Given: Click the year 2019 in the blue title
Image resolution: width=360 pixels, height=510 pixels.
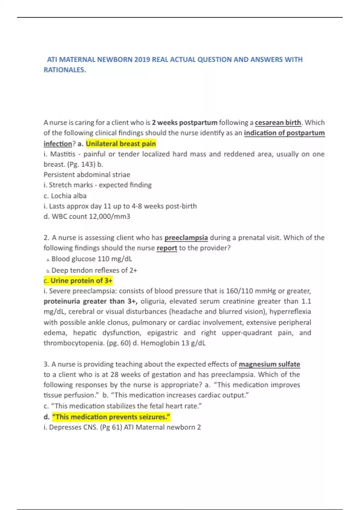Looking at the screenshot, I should pyautogui.click(x=142, y=59).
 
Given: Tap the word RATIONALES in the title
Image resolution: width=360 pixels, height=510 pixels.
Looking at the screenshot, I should pyautogui.click(x=64, y=70).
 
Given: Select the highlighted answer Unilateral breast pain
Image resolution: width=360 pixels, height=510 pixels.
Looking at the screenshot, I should pyautogui.click(x=121, y=144).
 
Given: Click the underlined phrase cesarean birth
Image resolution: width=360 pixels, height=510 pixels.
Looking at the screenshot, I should pyautogui.click(x=278, y=123).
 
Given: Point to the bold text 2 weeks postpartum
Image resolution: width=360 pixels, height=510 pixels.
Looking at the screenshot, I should pyautogui.click(x=184, y=123).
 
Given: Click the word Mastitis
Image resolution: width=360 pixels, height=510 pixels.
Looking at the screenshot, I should pyautogui.click(x=63, y=154).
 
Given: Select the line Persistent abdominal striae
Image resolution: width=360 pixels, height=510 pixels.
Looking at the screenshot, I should pyautogui.click(x=87, y=175).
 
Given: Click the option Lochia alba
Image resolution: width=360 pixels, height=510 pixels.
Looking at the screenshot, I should pyautogui.click(x=68, y=196).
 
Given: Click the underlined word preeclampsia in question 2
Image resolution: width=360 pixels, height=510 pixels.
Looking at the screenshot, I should pyautogui.click(x=186, y=238).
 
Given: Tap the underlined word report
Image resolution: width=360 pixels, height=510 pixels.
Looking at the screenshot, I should pyautogui.click(x=167, y=248).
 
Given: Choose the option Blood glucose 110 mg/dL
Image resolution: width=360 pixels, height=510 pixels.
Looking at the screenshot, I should pyautogui.click(x=91, y=259).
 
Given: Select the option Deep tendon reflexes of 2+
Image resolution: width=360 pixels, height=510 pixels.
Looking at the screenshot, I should pyautogui.click(x=94, y=270).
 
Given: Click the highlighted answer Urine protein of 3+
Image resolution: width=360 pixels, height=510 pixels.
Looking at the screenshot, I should pyautogui.click(x=81, y=281).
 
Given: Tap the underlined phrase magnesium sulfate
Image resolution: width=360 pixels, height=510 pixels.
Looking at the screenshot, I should pyautogui.click(x=269, y=364).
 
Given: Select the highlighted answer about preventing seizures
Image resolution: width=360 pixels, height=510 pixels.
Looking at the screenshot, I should pyautogui.click(x=111, y=417).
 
